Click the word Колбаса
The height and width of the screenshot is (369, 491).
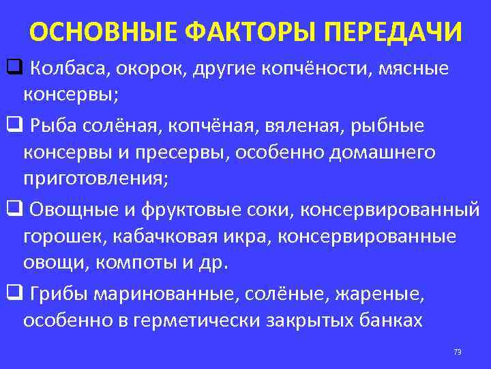[71, 68]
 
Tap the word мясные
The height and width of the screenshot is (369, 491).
[411, 68]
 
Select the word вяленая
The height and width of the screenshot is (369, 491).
[305, 126]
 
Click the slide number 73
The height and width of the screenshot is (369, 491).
[457, 352]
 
